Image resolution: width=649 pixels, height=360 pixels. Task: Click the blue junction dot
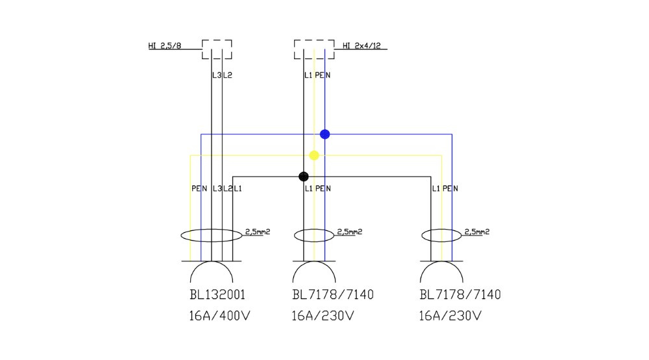325,134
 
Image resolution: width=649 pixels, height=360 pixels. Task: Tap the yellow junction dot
314,156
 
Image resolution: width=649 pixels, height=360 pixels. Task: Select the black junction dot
303,176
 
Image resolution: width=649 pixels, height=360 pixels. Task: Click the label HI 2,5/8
165,45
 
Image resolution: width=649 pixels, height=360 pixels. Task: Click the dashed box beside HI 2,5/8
217,49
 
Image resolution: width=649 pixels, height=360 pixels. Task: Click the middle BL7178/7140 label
333,295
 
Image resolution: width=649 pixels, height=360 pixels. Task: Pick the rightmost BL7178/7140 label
460,295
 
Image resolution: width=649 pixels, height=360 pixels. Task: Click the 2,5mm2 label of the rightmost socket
477,232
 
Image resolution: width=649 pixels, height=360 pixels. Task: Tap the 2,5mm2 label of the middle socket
350,232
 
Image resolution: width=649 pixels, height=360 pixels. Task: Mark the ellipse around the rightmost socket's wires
441,235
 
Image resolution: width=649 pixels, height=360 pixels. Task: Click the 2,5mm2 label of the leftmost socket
258,232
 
